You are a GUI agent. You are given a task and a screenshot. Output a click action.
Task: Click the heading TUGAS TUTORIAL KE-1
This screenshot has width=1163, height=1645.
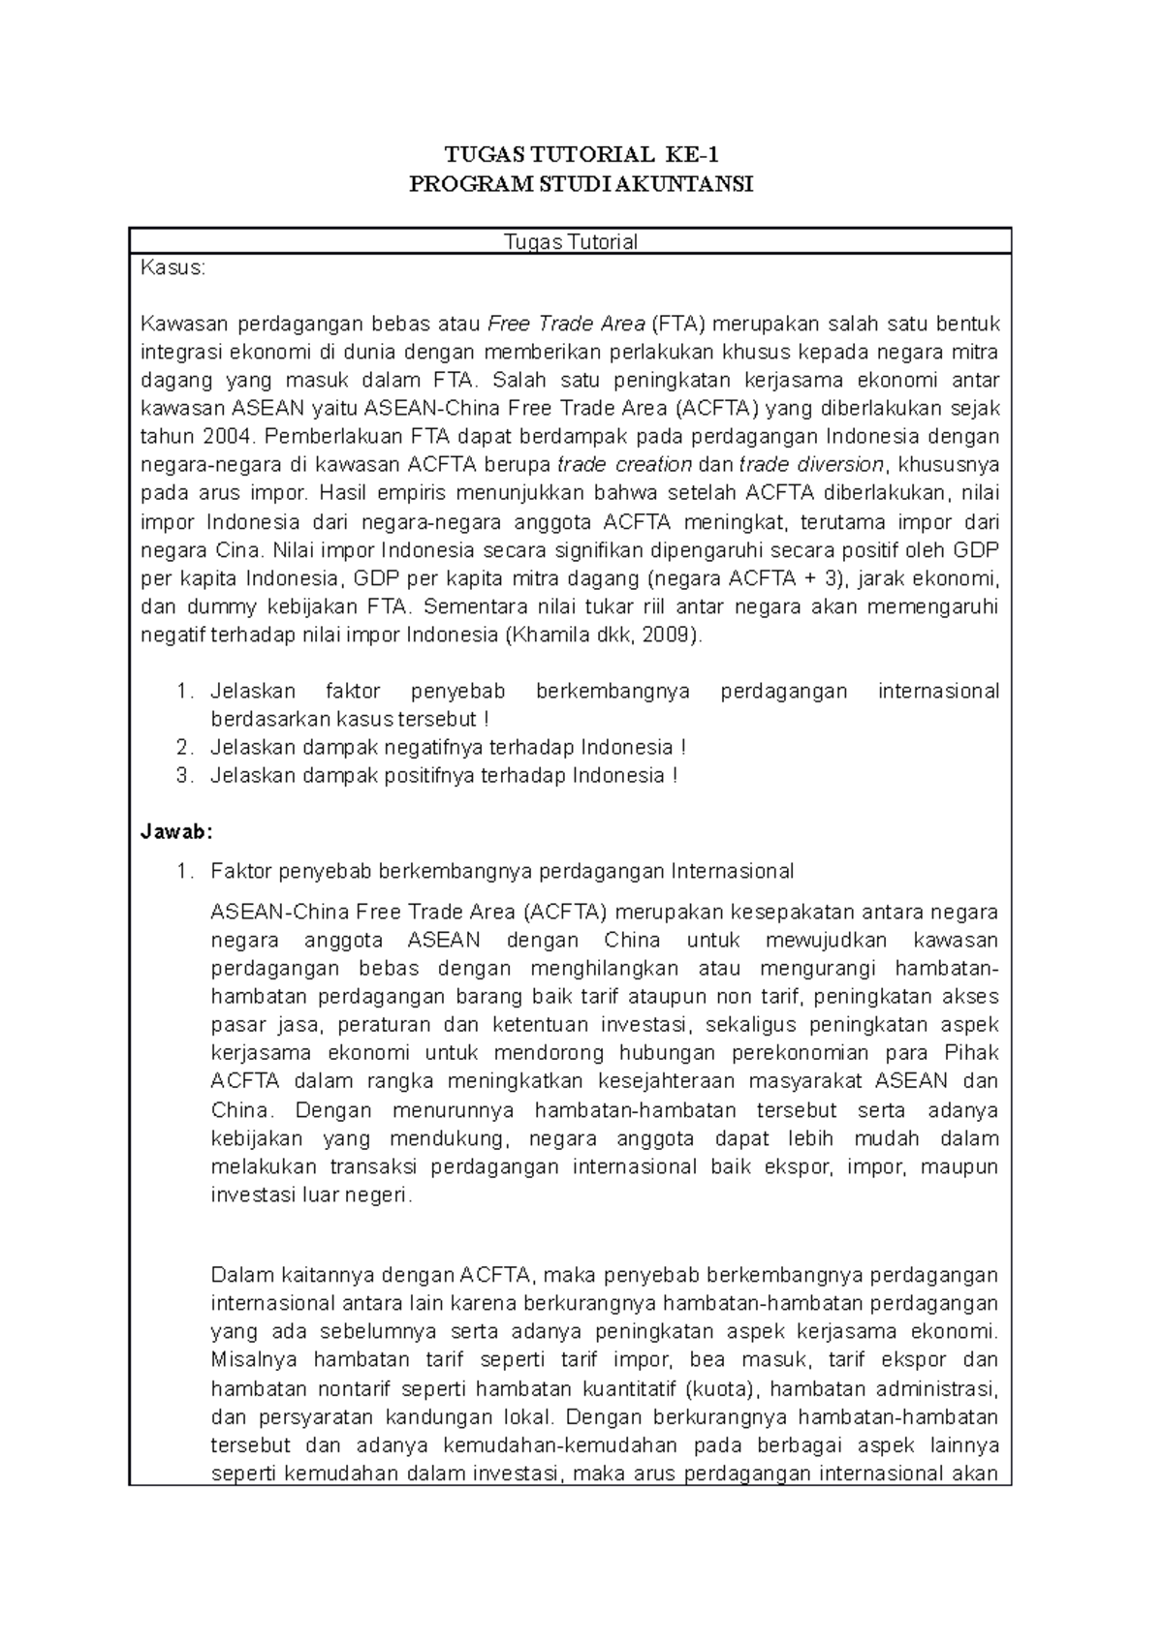click(x=581, y=155)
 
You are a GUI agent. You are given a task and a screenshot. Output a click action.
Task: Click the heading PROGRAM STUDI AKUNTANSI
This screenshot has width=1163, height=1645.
click(x=581, y=184)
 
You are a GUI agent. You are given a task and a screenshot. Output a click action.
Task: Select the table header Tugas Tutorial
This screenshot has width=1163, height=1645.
click(x=571, y=242)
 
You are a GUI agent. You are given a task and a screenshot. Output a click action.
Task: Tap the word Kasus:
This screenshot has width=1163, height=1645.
click(x=173, y=268)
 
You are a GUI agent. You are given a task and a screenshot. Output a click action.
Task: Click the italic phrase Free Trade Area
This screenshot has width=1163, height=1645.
click(x=566, y=324)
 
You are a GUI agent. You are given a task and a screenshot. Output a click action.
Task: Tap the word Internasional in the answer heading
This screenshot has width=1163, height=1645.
click(x=732, y=872)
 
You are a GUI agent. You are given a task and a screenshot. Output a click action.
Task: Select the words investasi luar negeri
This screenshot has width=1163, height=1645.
click(x=311, y=1195)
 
